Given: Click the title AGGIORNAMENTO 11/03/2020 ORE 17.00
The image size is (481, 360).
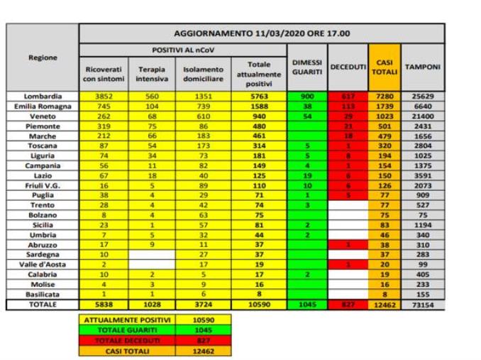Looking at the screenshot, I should pyautogui.click(x=262, y=33).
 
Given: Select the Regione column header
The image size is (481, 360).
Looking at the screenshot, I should pyautogui.click(x=43, y=58).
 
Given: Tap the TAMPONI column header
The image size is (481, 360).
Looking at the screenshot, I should pyautogui.click(x=423, y=67).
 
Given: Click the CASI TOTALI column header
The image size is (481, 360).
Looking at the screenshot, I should pyautogui.click(x=385, y=67).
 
